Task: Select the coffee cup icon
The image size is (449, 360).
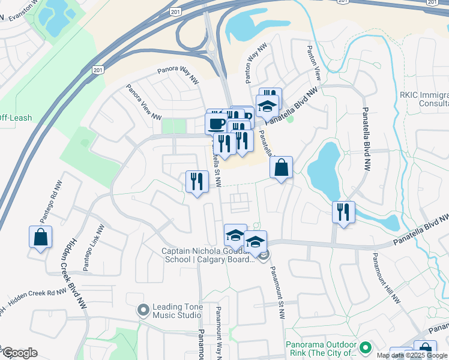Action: click(216, 123)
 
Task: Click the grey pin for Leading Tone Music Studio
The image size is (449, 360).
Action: click(143, 310)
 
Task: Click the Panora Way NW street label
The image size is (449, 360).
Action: click(178, 74)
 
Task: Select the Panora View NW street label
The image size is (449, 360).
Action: click(143, 101)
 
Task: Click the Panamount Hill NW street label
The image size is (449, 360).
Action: click(385, 278)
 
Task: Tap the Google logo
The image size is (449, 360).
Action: click(20, 353)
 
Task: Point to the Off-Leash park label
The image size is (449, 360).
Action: click(16, 118)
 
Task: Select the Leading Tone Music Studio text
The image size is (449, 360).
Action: click(176, 310)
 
